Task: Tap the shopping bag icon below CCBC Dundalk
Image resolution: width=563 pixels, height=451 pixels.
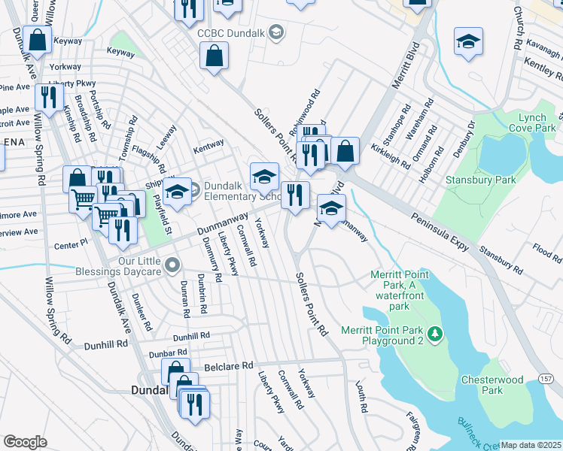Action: click(x=215, y=55)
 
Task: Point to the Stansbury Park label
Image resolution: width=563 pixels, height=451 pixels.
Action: click(x=491, y=180)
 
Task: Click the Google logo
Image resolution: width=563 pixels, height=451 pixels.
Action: click(x=25, y=442)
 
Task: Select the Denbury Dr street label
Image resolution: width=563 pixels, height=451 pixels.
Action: click(x=462, y=138)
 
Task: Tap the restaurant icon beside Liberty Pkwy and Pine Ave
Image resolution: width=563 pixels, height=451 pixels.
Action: click(x=49, y=97)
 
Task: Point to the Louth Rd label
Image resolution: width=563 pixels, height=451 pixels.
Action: click(x=361, y=397)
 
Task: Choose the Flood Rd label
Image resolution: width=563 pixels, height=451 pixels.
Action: click(x=546, y=251)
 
